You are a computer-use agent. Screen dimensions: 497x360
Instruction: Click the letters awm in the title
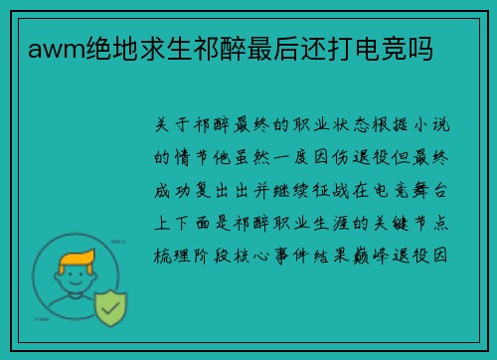pyautogui.click(x=57, y=50)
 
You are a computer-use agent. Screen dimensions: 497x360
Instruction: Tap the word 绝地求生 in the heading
pyautogui.click(x=139, y=49)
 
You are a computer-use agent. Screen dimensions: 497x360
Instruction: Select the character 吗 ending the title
pyautogui.click(x=421, y=49)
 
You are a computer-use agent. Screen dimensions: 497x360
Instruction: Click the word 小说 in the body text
pyautogui.click(x=431, y=125)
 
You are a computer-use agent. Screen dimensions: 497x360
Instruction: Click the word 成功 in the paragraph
pyautogui.click(x=172, y=191)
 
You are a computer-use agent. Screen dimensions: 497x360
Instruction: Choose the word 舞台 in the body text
pyautogui.click(x=430, y=191)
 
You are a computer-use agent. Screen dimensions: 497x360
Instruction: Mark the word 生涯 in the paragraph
pyautogui.click(x=331, y=223)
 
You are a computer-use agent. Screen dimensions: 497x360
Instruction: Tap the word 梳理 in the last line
pyautogui.click(x=172, y=256)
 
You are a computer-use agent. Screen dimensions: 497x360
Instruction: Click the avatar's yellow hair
pyautogui.click(x=77, y=260)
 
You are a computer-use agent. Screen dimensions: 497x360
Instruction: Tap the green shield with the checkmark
pyautogui.click(x=110, y=308)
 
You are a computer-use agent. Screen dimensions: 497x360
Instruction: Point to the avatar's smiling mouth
pyautogui.click(x=76, y=283)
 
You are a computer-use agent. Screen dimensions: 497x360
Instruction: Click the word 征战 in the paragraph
pyautogui.click(x=331, y=191)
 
